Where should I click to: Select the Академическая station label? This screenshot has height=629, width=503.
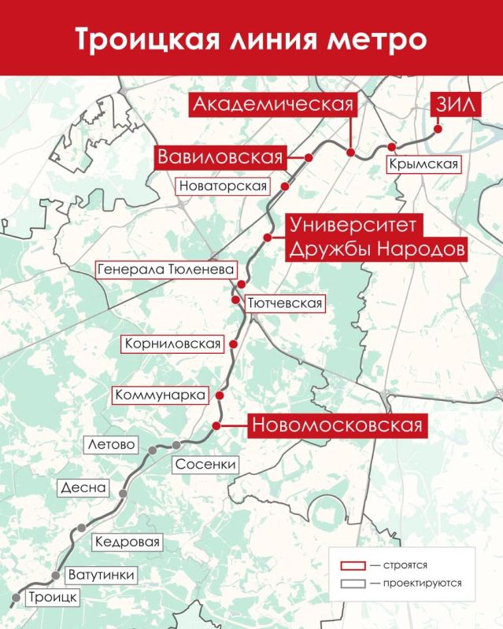click(272, 105)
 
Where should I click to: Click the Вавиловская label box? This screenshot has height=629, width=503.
click(220, 156)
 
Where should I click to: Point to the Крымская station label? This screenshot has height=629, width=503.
click(423, 164)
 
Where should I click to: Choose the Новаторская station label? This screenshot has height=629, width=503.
click(224, 186)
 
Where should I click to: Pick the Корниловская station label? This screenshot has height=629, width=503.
click(170, 344)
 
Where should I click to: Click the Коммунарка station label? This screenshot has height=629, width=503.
click(161, 395)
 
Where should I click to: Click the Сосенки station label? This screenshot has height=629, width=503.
click(205, 464)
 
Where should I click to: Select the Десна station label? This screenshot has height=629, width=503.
click(83, 487)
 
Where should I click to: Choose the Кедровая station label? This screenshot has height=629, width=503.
click(127, 543)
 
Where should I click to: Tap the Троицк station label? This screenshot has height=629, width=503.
click(52, 598)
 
